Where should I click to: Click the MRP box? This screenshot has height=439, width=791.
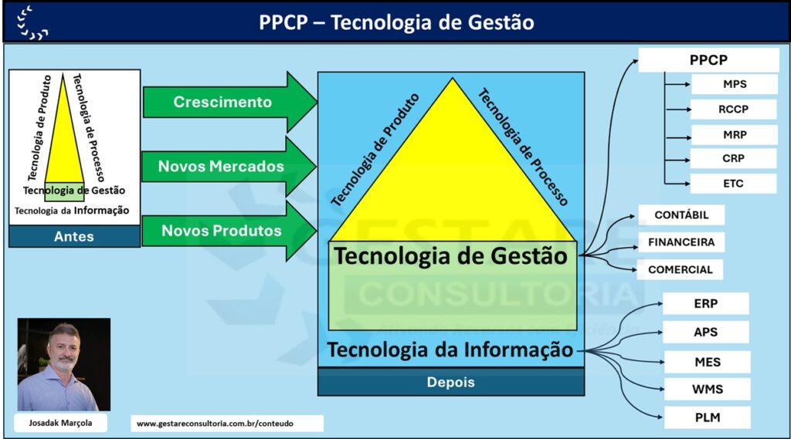point(734,135)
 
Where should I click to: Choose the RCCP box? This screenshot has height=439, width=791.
point(734,110)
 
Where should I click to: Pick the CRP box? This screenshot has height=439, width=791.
point(734,158)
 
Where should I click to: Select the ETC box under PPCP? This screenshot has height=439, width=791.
point(734,184)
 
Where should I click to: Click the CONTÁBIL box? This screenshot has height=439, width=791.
point(681,214)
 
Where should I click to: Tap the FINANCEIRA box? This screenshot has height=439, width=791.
point(681,242)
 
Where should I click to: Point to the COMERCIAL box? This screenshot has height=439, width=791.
point(680,270)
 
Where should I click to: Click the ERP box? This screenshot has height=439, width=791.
point(706,304)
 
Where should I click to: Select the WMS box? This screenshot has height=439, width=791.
point(708,389)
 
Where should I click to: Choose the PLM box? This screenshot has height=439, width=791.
point(708,417)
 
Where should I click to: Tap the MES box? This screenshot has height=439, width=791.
point(708,362)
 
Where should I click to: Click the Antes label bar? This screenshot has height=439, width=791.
point(74,236)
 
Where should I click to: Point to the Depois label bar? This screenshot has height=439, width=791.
point(451,382)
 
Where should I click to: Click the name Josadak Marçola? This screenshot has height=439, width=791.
point(60,423)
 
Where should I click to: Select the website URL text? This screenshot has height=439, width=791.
point(215,424)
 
